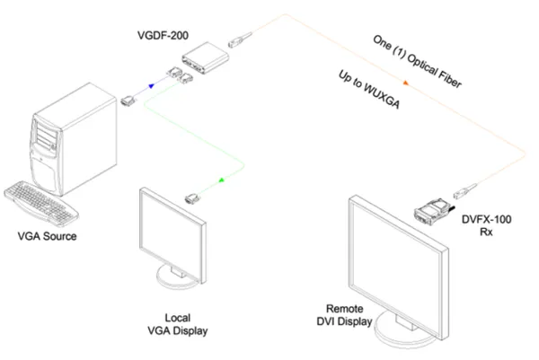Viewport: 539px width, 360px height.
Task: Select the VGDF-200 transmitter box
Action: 204,61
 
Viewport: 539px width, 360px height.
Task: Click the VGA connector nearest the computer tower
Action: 128,101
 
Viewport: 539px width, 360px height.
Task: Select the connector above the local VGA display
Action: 191,198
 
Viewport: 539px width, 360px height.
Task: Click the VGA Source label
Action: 48,237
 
